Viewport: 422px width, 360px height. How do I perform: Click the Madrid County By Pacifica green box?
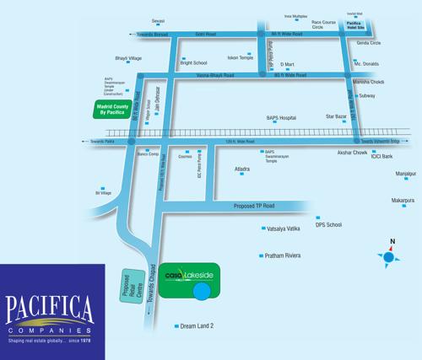pos(115,110)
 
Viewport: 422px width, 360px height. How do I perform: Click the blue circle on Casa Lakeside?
pos(203,293)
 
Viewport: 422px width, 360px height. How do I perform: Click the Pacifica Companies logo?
pos(52,312)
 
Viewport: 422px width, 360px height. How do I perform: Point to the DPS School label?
pos(328,225)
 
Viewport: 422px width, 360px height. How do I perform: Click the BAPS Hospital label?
pos(283,118)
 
